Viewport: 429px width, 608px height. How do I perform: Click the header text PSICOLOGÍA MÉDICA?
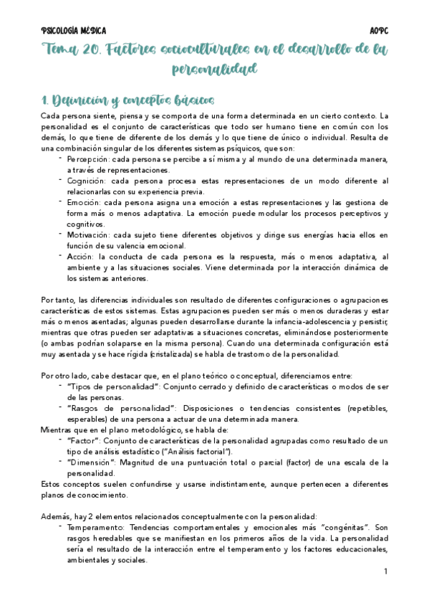[74, 31]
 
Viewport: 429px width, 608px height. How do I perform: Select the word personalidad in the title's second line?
[214, 69]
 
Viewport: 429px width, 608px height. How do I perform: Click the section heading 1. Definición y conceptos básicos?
[127, 100]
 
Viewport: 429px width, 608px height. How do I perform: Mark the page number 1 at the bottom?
[385, 571]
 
